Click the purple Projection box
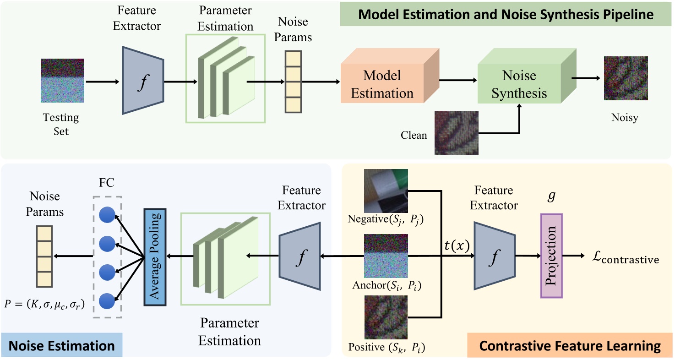pos(551,256)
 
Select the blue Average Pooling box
pos(154,257)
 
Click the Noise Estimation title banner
pos(62,345)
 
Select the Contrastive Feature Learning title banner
pos(570,345)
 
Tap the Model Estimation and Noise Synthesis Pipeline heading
pos(506,15)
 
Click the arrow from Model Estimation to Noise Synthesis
pos(458,80)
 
